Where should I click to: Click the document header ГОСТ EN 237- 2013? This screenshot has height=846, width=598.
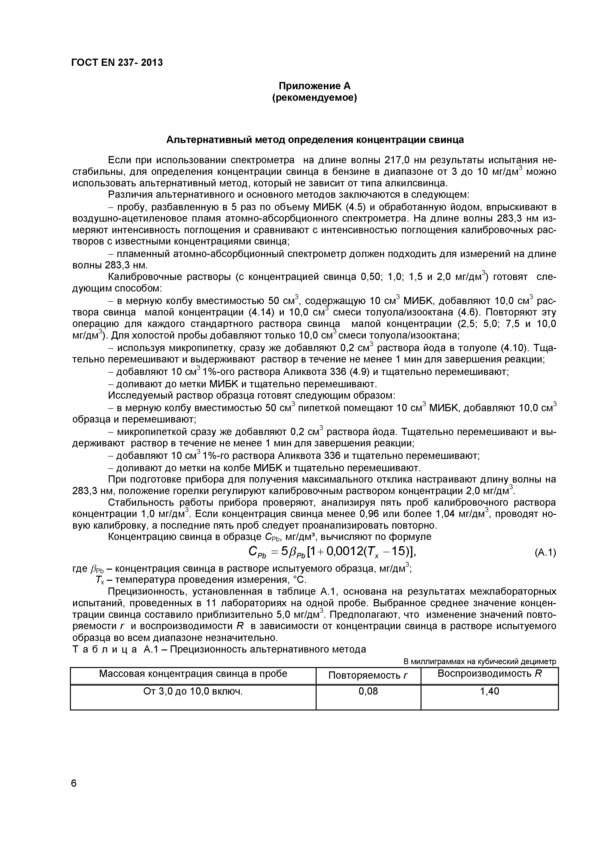pos(117,63)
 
